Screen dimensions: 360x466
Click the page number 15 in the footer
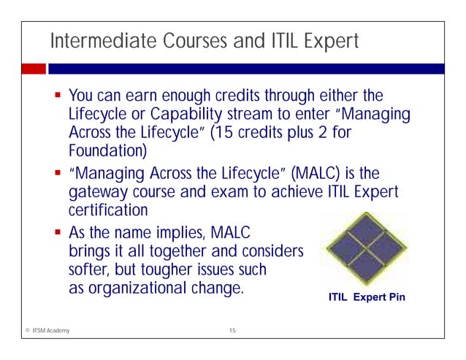click(232, 332)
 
